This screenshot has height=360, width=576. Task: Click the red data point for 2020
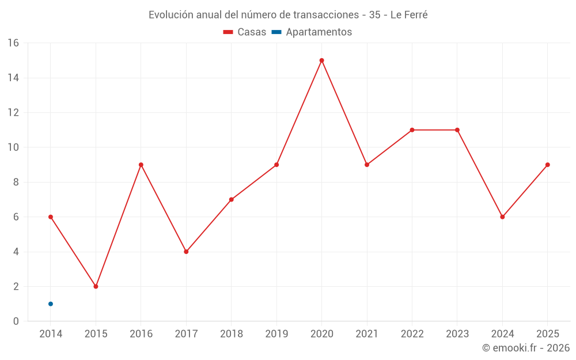322,60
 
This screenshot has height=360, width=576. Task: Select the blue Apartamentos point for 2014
51,304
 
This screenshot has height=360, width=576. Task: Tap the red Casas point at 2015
96,286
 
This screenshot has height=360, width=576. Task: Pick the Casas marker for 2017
186,252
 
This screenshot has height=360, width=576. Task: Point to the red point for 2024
502,217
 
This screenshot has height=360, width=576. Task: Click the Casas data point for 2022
412,130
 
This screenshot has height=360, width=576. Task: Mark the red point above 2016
141,165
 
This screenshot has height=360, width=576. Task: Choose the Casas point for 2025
548,165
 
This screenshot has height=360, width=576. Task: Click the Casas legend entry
245,32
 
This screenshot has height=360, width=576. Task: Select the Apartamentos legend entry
312,32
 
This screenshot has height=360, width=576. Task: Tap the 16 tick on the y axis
13,43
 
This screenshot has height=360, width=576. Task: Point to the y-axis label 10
13,147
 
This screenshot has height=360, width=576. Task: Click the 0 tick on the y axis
16,321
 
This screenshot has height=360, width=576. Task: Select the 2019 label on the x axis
276,334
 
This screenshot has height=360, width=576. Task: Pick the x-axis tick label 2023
457,334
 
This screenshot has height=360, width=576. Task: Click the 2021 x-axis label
367,334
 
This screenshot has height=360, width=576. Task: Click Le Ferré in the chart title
409,15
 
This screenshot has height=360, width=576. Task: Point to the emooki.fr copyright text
526,347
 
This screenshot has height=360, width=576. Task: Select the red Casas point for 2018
232,199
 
